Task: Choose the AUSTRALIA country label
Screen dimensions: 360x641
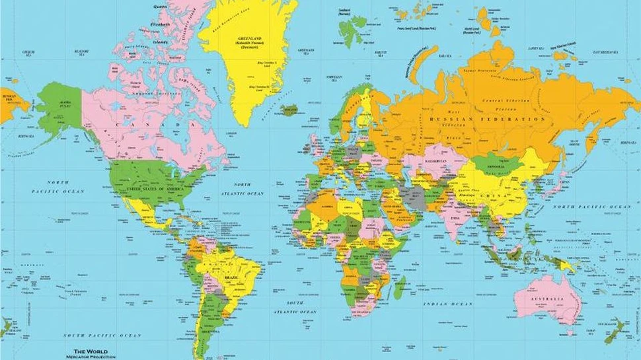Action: (x=548, y=299)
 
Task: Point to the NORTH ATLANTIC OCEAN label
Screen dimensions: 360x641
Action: (x=245, y=189)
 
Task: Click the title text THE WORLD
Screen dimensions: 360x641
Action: (x=89, y=350)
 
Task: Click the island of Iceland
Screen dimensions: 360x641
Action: (x=289, y=110)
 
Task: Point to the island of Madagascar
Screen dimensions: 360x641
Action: (x=400, y=287)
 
